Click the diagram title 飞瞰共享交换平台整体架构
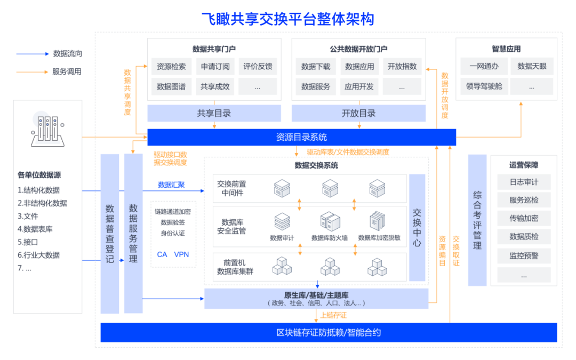coord(287,19)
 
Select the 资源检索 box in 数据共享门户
coord(171,67)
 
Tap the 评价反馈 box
coord(258,67)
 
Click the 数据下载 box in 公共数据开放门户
coord(316,67)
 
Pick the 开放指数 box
coord(402,67)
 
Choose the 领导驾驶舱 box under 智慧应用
coord(484,86)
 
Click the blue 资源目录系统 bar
coord(301,137)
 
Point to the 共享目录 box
coord(214,113)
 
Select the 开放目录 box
coord(358,113)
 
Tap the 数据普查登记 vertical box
coord(110,234)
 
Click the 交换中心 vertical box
coord(417,228)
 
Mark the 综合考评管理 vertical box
coord(477,220)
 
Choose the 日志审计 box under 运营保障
coord(524,182)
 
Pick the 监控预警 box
coord(524,256)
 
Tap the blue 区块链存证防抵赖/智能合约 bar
coord(329,333)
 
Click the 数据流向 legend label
coord(68,54)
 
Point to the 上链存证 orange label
coord(333,316)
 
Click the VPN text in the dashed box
coord(181,254)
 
